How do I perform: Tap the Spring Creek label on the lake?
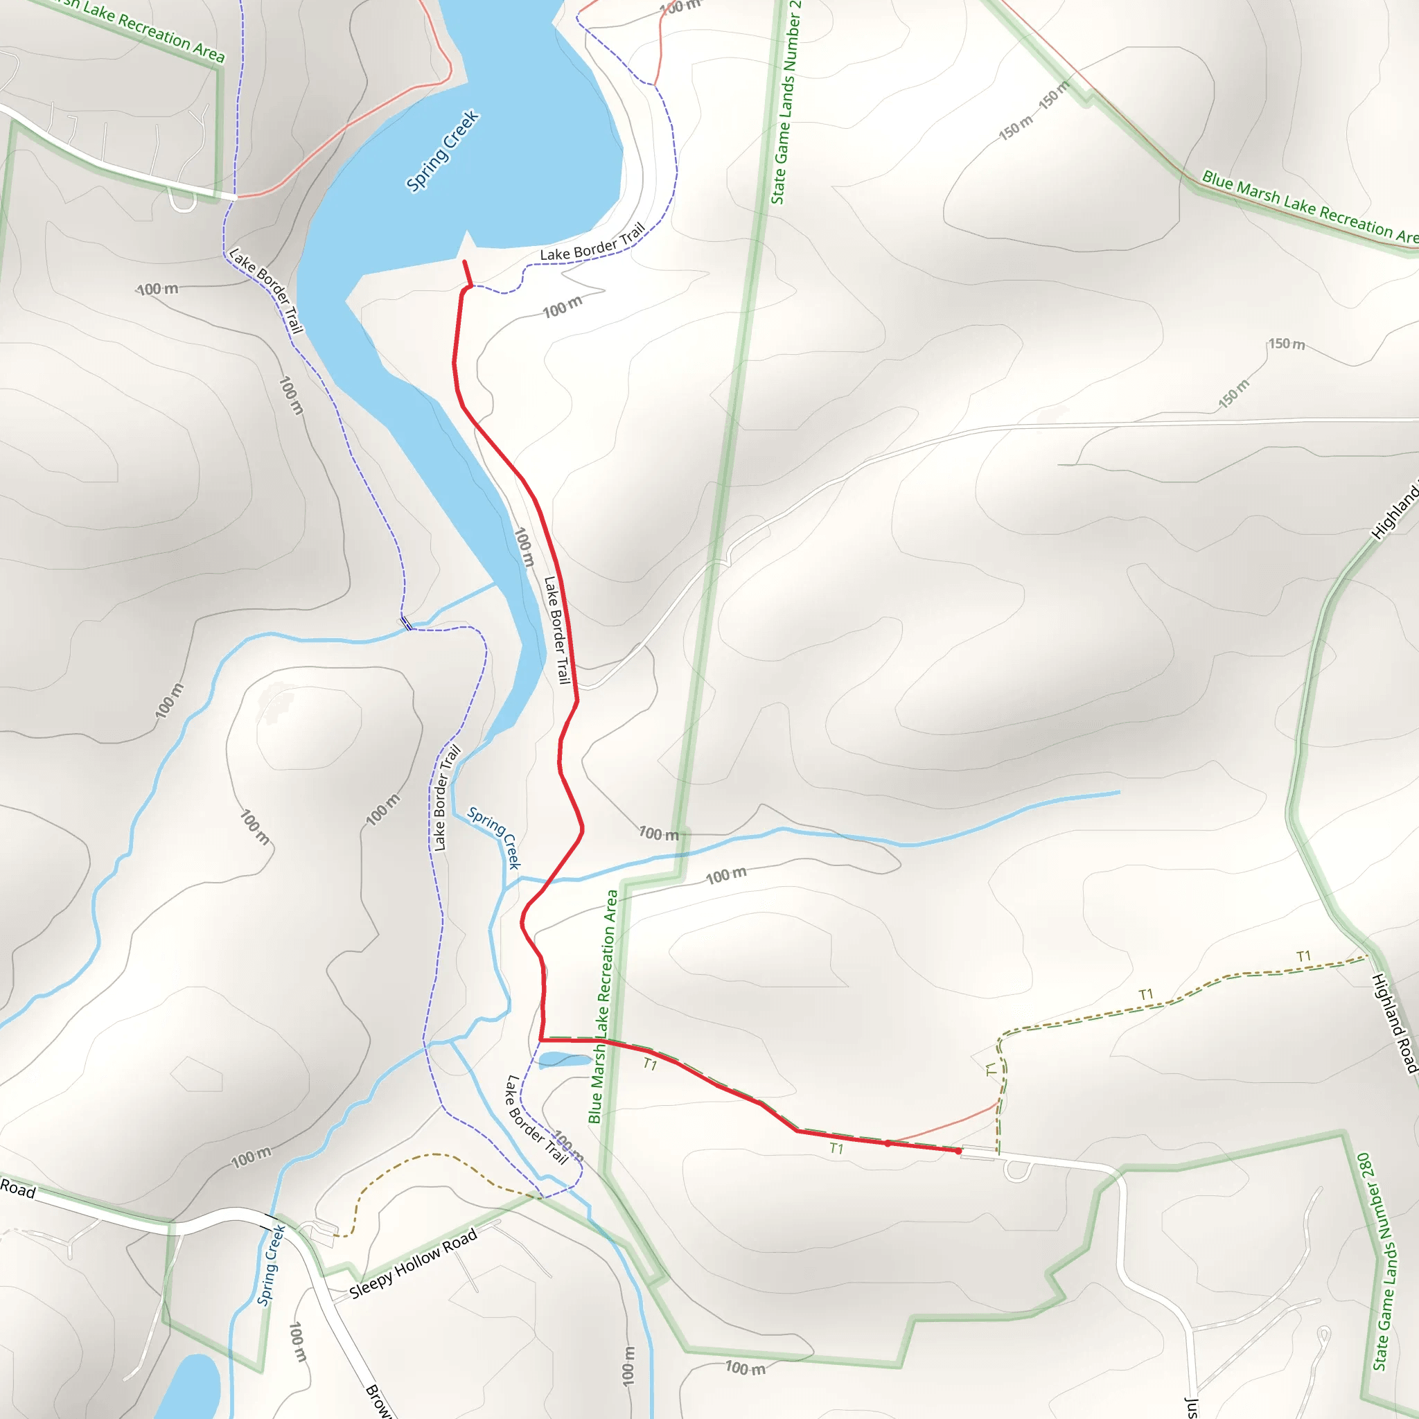pyautogui.click(x=442, y=150)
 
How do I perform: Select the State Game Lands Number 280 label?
pyautogui.click(x=1384, y=1260)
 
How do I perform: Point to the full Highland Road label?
pyautogui.click(x=1394, y=1023)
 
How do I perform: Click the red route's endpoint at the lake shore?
pyautogui.click(x=464, y=261)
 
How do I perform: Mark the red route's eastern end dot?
pyautogui.click(x=958, y=1151)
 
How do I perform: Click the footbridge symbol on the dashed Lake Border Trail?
pyautogui.click(x=405, y=624)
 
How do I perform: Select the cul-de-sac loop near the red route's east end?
pyautogui.click(x=1017, y=1170)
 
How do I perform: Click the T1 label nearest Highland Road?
pyautogui.click(x=1304, y=956)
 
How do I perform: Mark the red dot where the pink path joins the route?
pyautogui.click(x=888, y=1143)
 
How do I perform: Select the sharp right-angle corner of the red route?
pyautogui.click(x=541, y=1040)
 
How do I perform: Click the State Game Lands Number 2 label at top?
pyautogui.click(x=785, y=103)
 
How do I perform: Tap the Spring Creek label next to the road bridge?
pyautogui.click(x=271, y=1265)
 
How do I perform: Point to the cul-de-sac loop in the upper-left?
pyautogui.click(x=182, y=200)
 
